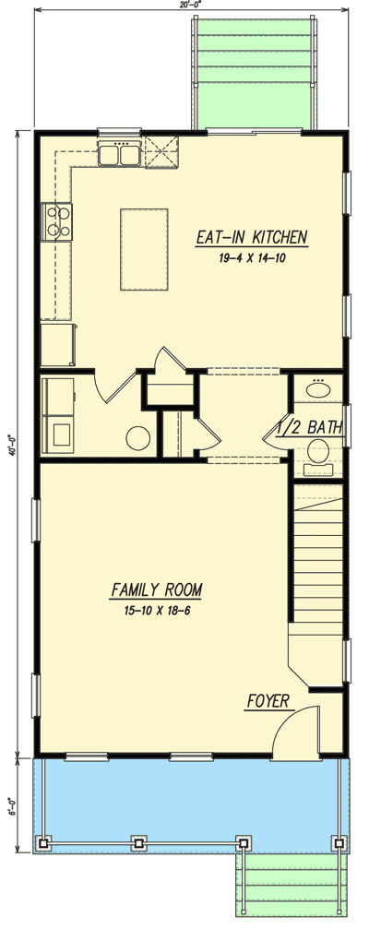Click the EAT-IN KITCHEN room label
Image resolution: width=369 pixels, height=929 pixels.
251,238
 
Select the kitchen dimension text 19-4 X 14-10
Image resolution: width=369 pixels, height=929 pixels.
252,259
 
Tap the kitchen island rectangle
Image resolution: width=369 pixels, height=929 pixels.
143,249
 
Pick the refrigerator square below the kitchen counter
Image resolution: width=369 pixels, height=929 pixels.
57,344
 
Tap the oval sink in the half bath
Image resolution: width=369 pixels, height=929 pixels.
319,389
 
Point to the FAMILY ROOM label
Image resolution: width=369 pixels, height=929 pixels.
156,590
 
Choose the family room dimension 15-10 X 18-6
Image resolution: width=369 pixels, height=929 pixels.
157,610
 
